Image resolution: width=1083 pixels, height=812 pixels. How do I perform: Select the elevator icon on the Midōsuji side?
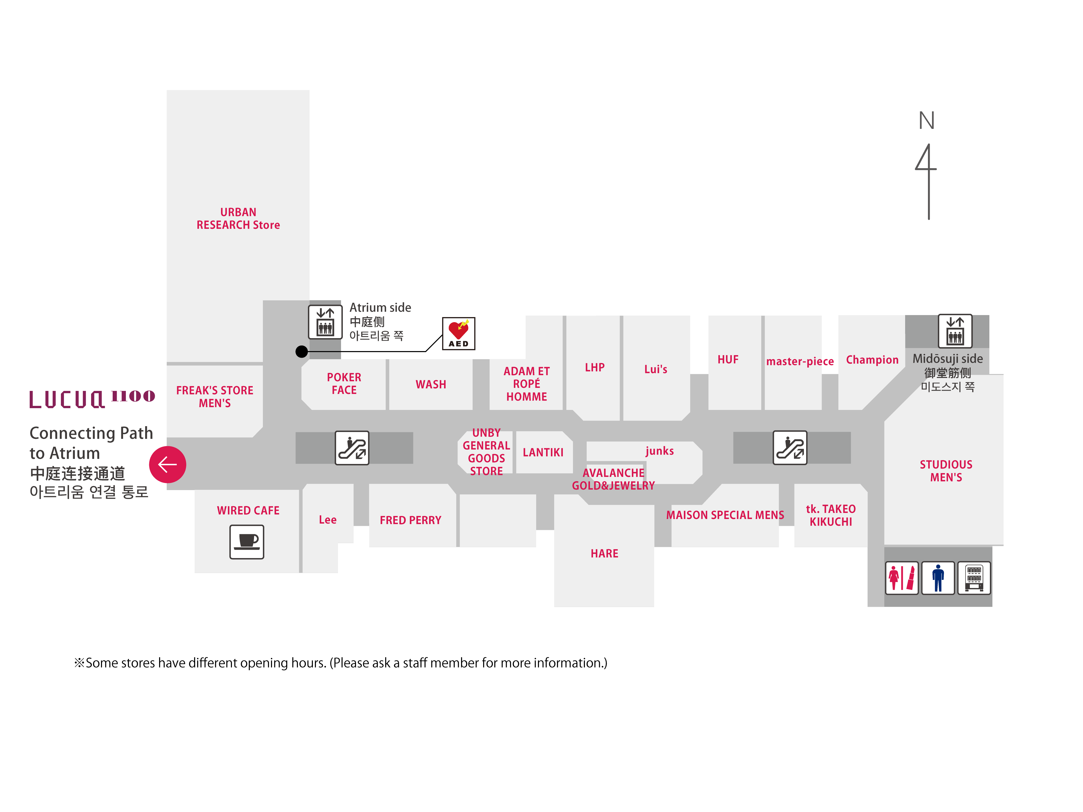point(955,331)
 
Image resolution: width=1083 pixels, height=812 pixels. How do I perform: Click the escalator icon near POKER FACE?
point(352,447)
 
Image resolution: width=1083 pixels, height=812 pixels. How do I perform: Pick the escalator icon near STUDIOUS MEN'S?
point(790,447)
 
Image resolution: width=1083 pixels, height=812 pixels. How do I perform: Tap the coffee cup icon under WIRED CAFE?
point(247,542)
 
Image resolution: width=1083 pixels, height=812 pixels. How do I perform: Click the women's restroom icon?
point(901,578)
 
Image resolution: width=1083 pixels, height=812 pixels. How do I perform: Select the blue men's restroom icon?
point(938,578)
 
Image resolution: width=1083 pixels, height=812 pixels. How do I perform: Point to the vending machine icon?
point(974,578)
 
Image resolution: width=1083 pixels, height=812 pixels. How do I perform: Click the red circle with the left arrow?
point(167,464)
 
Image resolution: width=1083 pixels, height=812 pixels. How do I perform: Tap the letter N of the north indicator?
point(926,120)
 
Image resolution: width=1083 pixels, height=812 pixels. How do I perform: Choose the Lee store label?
point(328,520)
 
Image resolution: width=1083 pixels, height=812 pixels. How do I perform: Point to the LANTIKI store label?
point(543,452)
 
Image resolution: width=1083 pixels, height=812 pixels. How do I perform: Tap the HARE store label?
point(604,554)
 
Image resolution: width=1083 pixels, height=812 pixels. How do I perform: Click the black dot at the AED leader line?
point(302,351)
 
